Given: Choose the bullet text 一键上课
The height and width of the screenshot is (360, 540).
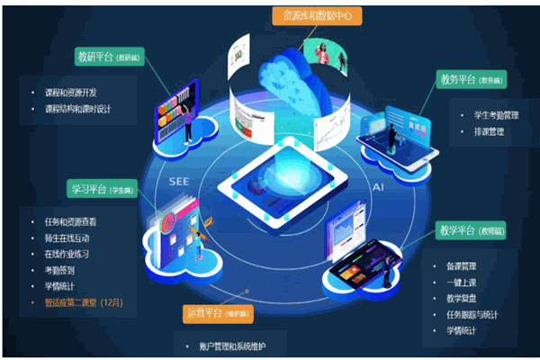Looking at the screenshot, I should click(464, 282).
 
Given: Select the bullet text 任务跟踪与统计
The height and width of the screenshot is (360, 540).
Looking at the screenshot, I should click(477, 314).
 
